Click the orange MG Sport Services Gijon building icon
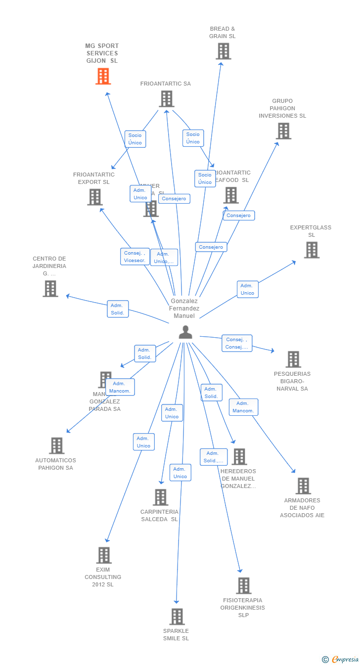coord(103,77)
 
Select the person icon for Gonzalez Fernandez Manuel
coord(185,333)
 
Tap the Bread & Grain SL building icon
coord(223,51)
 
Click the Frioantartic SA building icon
coord(166,99)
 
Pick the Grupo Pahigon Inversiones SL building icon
coord(283,131)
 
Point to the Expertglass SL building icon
coord(311,250)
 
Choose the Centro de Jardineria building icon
coord(50,289)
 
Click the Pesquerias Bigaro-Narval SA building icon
coord(293,359)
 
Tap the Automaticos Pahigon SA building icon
coord(56,445)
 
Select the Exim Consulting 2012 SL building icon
coord(103,555)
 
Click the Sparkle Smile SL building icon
coord(177,617)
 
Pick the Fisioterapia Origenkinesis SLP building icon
coord(243,586)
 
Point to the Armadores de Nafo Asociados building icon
coord(303,486)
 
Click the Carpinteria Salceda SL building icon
coord(160,497)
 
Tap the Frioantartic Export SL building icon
coord(94,197)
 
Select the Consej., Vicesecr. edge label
coord(135,257)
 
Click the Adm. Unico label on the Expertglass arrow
coord(247,289)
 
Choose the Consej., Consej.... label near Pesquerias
coord(236,343)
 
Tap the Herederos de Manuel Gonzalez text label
coord(238,479)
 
